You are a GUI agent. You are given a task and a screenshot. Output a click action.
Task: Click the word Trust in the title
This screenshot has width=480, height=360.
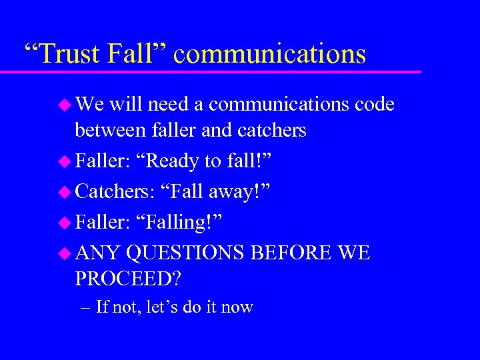71,53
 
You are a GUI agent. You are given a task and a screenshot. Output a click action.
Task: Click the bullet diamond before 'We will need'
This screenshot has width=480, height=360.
65,105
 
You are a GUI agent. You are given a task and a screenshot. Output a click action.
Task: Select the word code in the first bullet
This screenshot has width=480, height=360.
375,105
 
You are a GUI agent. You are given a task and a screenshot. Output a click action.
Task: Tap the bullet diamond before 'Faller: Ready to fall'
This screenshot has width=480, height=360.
65,161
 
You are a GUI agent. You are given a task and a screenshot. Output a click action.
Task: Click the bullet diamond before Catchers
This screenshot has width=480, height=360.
65,191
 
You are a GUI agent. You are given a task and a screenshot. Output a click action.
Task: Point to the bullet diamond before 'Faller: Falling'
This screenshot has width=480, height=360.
65,222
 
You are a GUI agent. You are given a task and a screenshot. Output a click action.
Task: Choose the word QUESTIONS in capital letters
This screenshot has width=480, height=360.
186,253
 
